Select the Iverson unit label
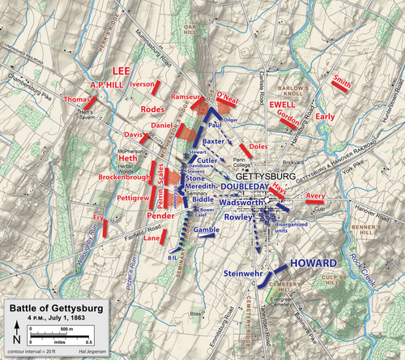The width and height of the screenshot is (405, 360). [x=142, y=83]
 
